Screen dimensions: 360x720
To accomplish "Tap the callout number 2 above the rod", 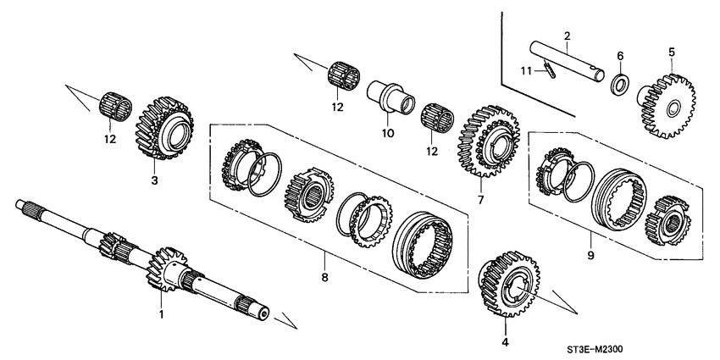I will pyautogui.click(x=567, y=35).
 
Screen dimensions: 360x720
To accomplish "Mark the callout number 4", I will pyautogui.click(x=506, y=343).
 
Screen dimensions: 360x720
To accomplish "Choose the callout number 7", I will pyautogui.click(x=480, y=200).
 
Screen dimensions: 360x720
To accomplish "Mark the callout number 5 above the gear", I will pyautogui.click(x=672, y=53).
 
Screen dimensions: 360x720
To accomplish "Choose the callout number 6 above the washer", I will pyautogui.click(x=620, y=55).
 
